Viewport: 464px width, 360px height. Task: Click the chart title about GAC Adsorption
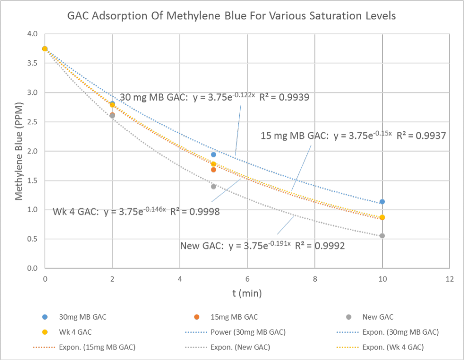(x=232, y=17)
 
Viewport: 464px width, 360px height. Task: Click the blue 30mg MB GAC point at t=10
(x=382, y=201)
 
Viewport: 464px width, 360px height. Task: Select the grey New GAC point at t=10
(x=382, y=236)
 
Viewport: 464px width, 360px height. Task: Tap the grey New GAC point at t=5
(x=213, y=186)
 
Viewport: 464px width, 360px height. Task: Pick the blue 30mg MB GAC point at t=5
(x=213, y=155)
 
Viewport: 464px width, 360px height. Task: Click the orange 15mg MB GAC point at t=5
(x=213, y=170)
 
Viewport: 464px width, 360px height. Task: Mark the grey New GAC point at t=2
(x=112, y=116)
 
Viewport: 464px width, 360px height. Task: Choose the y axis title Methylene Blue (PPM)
(x=19, y=151)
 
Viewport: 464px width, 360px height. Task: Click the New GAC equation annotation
(x=262, y=246)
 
